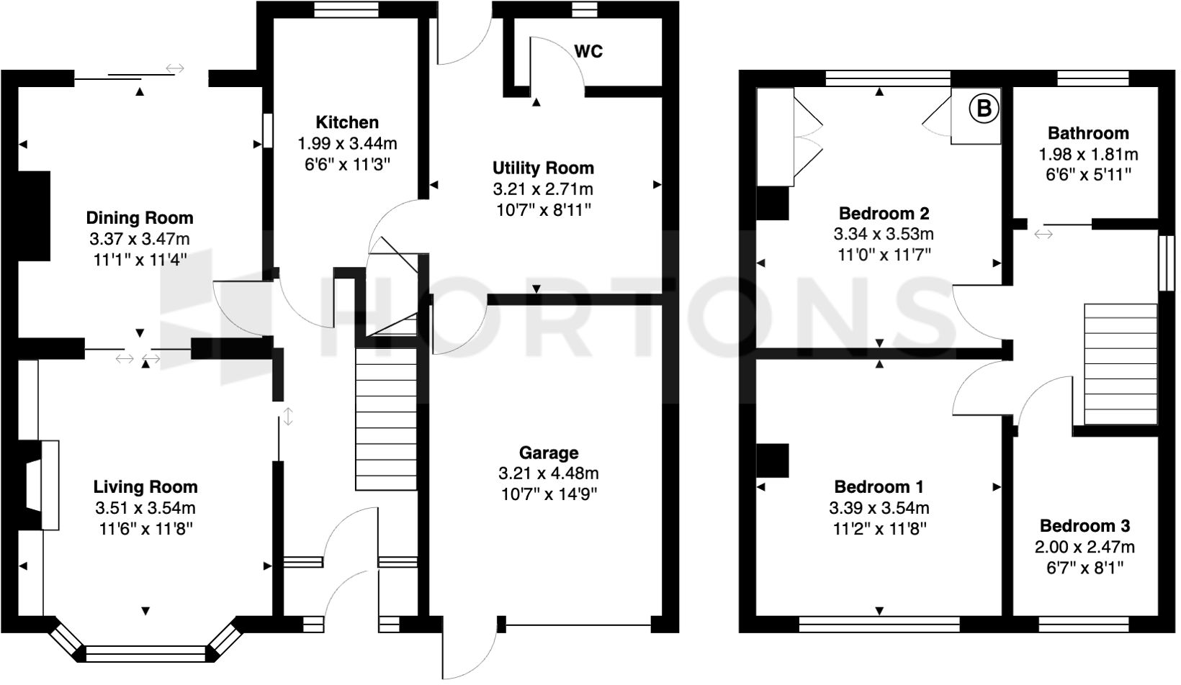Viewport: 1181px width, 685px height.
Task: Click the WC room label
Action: (588, 51)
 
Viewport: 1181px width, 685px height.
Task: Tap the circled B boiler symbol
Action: (984, 109)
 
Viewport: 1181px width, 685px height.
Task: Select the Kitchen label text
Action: (347, 122)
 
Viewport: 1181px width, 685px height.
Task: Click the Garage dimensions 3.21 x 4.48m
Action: (549, 473)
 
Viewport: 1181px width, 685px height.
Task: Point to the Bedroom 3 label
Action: (1085, 525)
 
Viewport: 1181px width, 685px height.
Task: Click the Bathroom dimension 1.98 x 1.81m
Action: (1088, 154)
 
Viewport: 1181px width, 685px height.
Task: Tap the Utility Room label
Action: (543, 168)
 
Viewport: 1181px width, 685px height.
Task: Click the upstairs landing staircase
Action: (1120, 366)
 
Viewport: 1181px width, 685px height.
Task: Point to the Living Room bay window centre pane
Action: (145, 654)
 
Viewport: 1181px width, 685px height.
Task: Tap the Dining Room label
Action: (140, 217)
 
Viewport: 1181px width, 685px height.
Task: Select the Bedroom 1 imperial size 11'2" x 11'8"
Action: (879, 529)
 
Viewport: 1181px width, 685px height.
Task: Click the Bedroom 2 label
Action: (884, 213)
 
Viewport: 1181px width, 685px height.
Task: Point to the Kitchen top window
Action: (347, 9)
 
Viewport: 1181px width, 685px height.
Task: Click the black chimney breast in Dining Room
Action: (34, 215)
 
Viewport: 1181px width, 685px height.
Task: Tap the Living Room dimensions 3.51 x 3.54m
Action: (145, 508)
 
